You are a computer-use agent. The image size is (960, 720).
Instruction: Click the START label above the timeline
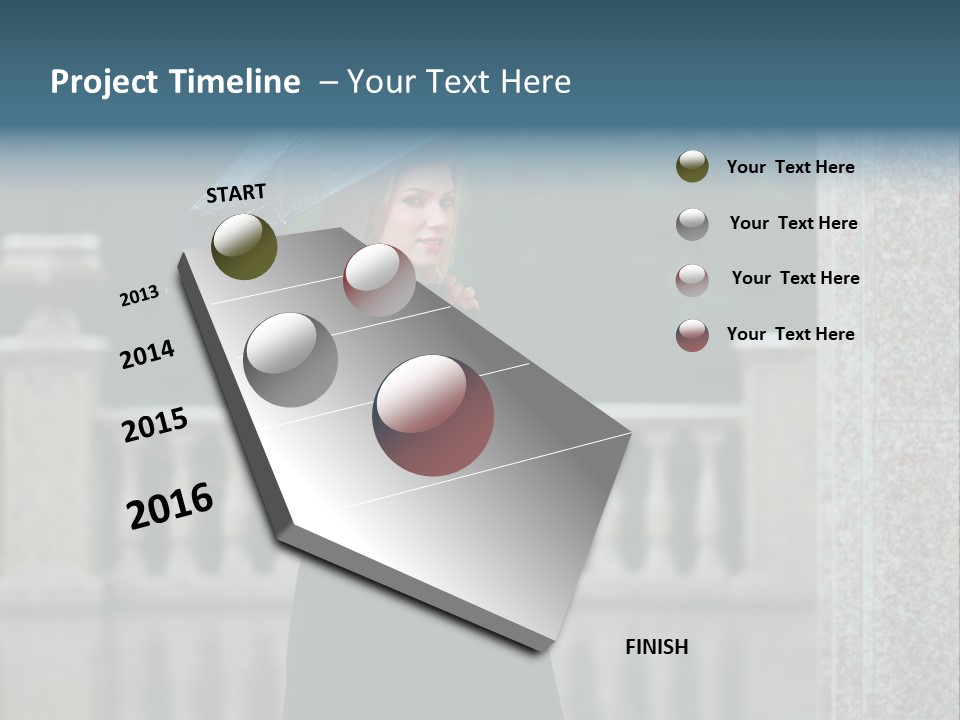tap(236, 193)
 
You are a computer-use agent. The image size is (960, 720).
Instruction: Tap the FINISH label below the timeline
tap(657, 647)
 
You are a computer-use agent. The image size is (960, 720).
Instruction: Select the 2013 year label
tap(140, 296)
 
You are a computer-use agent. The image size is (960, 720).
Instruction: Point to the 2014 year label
tap(148, 354)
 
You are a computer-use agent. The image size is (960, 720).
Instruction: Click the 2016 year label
tap(170, 506)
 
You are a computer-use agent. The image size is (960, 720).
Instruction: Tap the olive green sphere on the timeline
tap(245, 246)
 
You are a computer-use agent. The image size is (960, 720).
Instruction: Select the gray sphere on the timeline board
tap(291, 359)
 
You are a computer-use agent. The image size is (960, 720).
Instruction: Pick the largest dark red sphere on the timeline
tap(433, 415)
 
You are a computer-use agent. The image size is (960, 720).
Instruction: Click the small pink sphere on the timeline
tap(379, 280)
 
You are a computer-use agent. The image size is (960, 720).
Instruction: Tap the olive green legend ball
tap(692, 166)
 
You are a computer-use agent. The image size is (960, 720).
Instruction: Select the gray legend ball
tap(692, 224)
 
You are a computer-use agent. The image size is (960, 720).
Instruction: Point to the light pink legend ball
tap(692, 280)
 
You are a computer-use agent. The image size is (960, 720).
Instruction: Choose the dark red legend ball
tap(692, 335)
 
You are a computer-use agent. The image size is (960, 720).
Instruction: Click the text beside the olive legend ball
tap(790, 167)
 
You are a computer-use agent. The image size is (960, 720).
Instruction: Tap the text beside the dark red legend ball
tap(790, 334)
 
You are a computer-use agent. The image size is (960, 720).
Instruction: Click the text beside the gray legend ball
tap(793, 223)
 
